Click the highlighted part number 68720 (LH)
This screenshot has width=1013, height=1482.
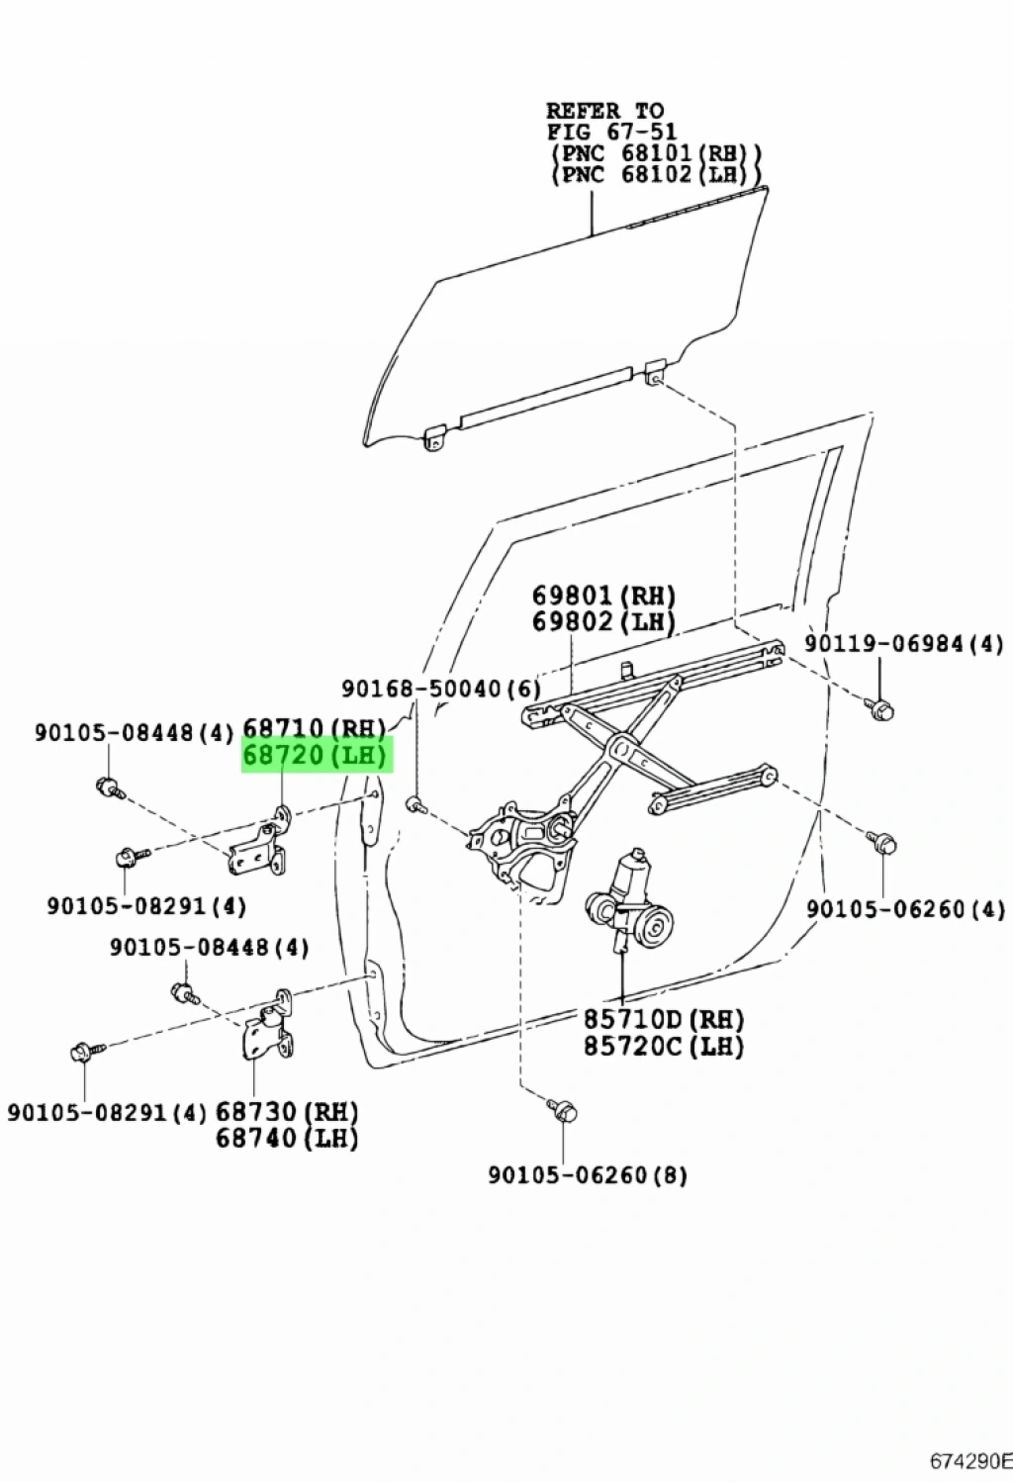click(318, 757)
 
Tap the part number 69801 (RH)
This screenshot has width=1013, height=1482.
click(603, 596)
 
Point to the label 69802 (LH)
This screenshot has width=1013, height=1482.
click(603, 622)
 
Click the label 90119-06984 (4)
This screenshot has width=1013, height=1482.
click(903, 644)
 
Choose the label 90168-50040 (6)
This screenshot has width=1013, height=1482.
click(441, 689)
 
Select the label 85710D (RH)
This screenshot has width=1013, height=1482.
click(663, 1019)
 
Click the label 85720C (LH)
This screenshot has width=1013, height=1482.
click(663, 1045)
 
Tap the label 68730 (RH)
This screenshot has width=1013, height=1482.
click(287, 1112)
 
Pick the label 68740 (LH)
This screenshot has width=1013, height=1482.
click(287, 1139)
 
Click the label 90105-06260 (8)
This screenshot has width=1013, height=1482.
click(588, 1175)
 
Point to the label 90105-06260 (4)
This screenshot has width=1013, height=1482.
click(905, 908)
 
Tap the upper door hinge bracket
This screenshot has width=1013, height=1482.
click(259, 841)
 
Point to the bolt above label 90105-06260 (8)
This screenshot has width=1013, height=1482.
click(564, 1111)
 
